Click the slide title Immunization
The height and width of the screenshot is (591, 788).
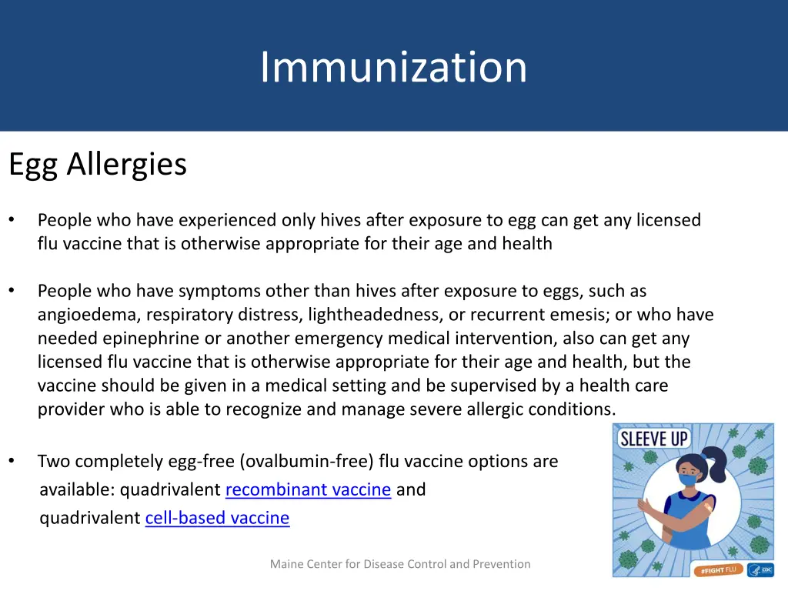pyautogui.click(x=393, y=67)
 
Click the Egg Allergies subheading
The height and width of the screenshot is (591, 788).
pyautogui.click(x=98, y=164)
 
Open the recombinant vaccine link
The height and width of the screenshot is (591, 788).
pyautogui.click(x=308, y=489)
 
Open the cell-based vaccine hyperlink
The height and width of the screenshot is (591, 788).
pyautogui.click(x=217, y=518)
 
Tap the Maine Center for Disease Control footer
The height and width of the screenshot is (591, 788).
pyautogui.click(x=400, y=564)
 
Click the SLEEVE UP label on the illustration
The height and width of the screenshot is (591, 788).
pyautogui.click(x=654, y=439)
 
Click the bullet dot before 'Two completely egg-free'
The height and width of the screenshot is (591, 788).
pyautogui.click(x=12, y=462)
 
